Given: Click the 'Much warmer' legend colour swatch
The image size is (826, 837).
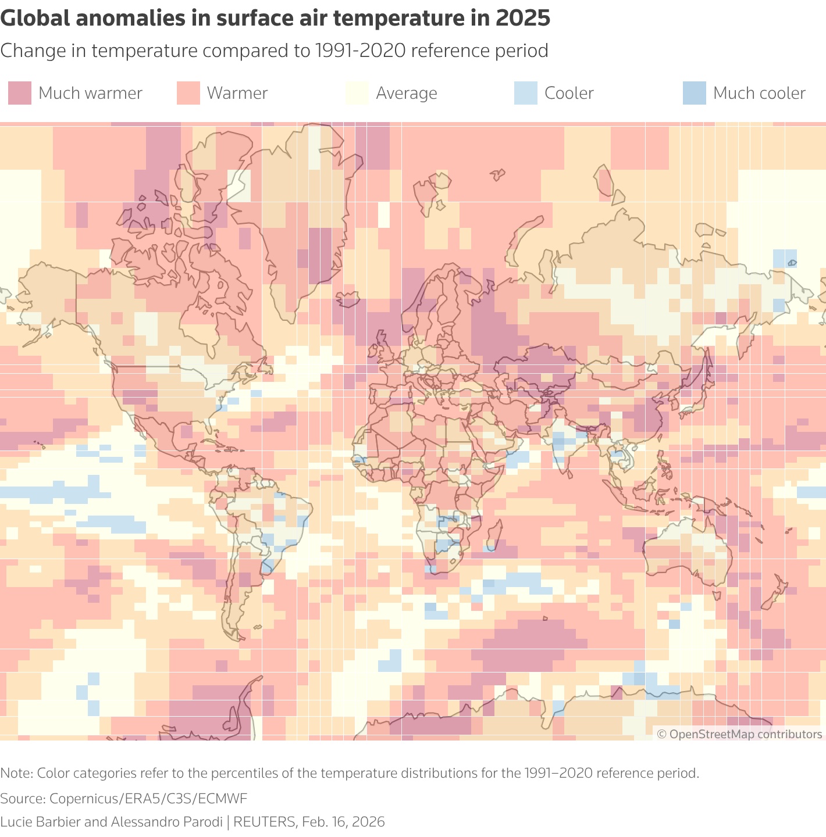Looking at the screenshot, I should pos(20,93).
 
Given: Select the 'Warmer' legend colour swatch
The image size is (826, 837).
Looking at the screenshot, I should pos(188,93).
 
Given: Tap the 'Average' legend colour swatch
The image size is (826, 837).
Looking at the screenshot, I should pos(357,93).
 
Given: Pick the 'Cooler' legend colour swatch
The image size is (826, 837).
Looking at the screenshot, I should pos(526,93).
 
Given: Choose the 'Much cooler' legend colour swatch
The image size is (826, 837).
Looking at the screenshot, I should pos(695,93).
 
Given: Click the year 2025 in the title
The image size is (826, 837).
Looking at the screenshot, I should pos(522,19).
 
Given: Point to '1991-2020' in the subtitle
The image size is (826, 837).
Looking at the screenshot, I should pos(360,51).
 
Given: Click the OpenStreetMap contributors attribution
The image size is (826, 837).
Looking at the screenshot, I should pos(739,734).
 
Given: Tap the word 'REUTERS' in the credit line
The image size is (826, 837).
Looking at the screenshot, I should pos(265,822).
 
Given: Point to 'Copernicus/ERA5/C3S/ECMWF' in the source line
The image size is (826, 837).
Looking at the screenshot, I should pos(148,798).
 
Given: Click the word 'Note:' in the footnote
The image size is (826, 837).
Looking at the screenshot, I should pos(17,773).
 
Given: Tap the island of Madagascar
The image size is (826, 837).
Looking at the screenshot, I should pos(493,535).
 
